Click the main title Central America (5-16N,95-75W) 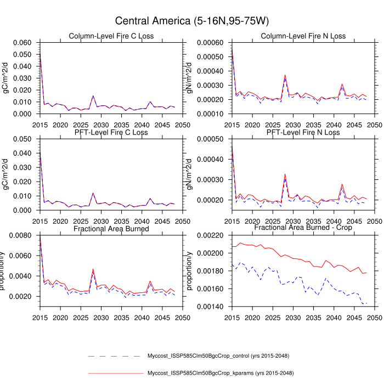tap(191, 21)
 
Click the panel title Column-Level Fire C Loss tap(111, 36)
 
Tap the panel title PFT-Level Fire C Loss tap(111, 132)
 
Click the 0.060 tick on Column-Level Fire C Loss tap(24, 43)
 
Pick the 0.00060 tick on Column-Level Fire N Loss tap(214, 43)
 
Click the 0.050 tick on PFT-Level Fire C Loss tap(24, 139)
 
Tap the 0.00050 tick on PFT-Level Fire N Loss tap(214, 139)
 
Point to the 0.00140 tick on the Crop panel tap(214, 306)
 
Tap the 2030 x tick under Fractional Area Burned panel tap(104, 317)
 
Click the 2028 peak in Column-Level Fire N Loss tap(285, 75)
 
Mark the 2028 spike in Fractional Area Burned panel tap(93, 269)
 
